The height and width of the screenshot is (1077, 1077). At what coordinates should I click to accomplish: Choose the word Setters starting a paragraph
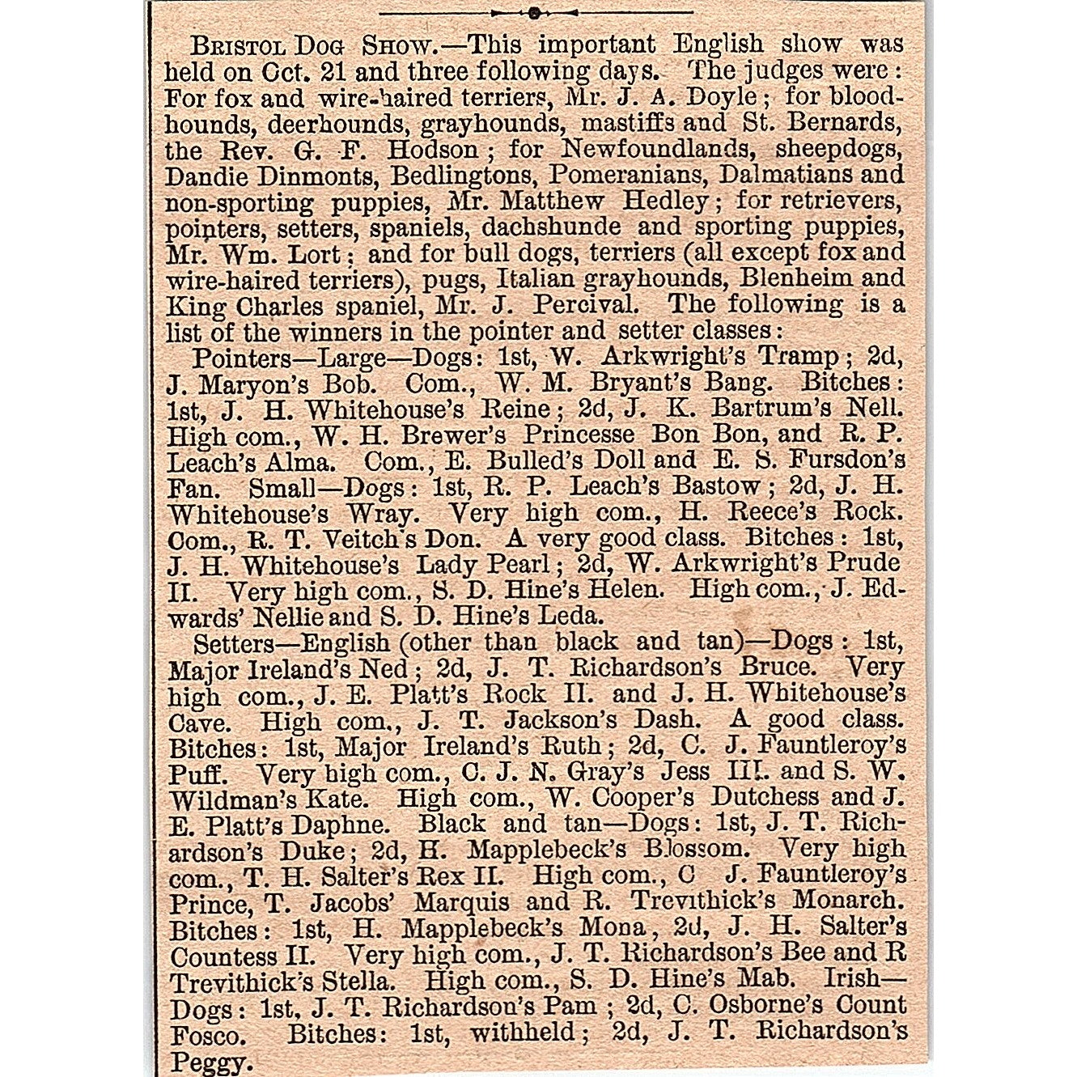(234, 643)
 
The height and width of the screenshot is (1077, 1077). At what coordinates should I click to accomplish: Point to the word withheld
(522, 1032)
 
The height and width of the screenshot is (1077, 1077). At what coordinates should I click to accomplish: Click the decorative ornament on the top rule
(534, 12)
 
